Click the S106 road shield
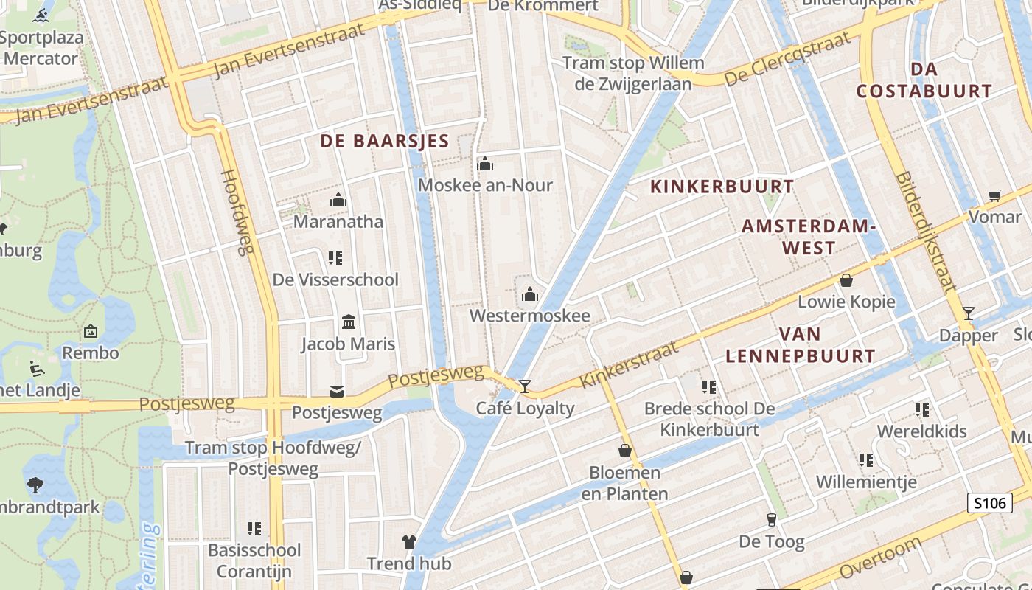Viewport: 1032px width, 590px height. pos(989,503)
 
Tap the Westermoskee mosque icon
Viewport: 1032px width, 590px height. pos(529,296)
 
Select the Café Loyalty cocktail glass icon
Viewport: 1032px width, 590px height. pos(524,386)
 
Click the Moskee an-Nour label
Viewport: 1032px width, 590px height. pos(485,185)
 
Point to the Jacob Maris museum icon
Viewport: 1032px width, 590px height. pos(348,322)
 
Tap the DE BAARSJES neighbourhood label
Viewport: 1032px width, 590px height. pos(385,142)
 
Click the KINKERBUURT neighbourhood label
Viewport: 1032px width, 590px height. pos(722,187)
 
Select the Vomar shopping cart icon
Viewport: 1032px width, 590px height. pos(994,195)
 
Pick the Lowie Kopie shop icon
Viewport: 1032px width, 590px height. pos(846,280)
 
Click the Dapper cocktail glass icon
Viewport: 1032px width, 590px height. pos(968,313)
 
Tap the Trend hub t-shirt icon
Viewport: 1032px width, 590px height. pos(409,542)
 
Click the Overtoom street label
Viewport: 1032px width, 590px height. pos(880,558)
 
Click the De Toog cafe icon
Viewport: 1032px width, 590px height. pos(772,520)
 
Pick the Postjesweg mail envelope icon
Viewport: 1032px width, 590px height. pos(337,391)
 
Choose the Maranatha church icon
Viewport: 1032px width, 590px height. pos(338,200)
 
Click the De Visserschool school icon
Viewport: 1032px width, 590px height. pos(335,257)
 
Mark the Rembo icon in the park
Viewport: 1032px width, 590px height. pos(91,331)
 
